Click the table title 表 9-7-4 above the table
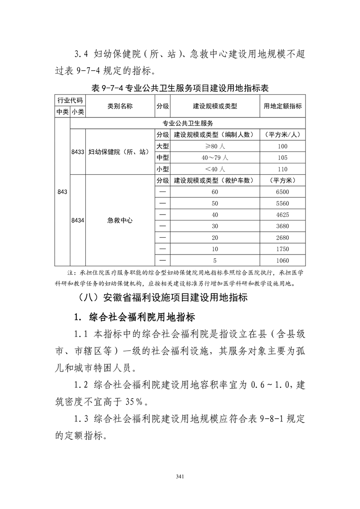point(180,88)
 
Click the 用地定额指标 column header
point(282,106)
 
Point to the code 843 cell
point(63,192)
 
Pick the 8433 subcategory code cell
point(78,152)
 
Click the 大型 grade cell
point(163,146)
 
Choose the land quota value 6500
point(282,192)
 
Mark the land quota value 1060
point(282,260)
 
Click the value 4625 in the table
point(282,215)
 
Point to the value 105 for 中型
point(282,157)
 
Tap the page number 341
point(180,476)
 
